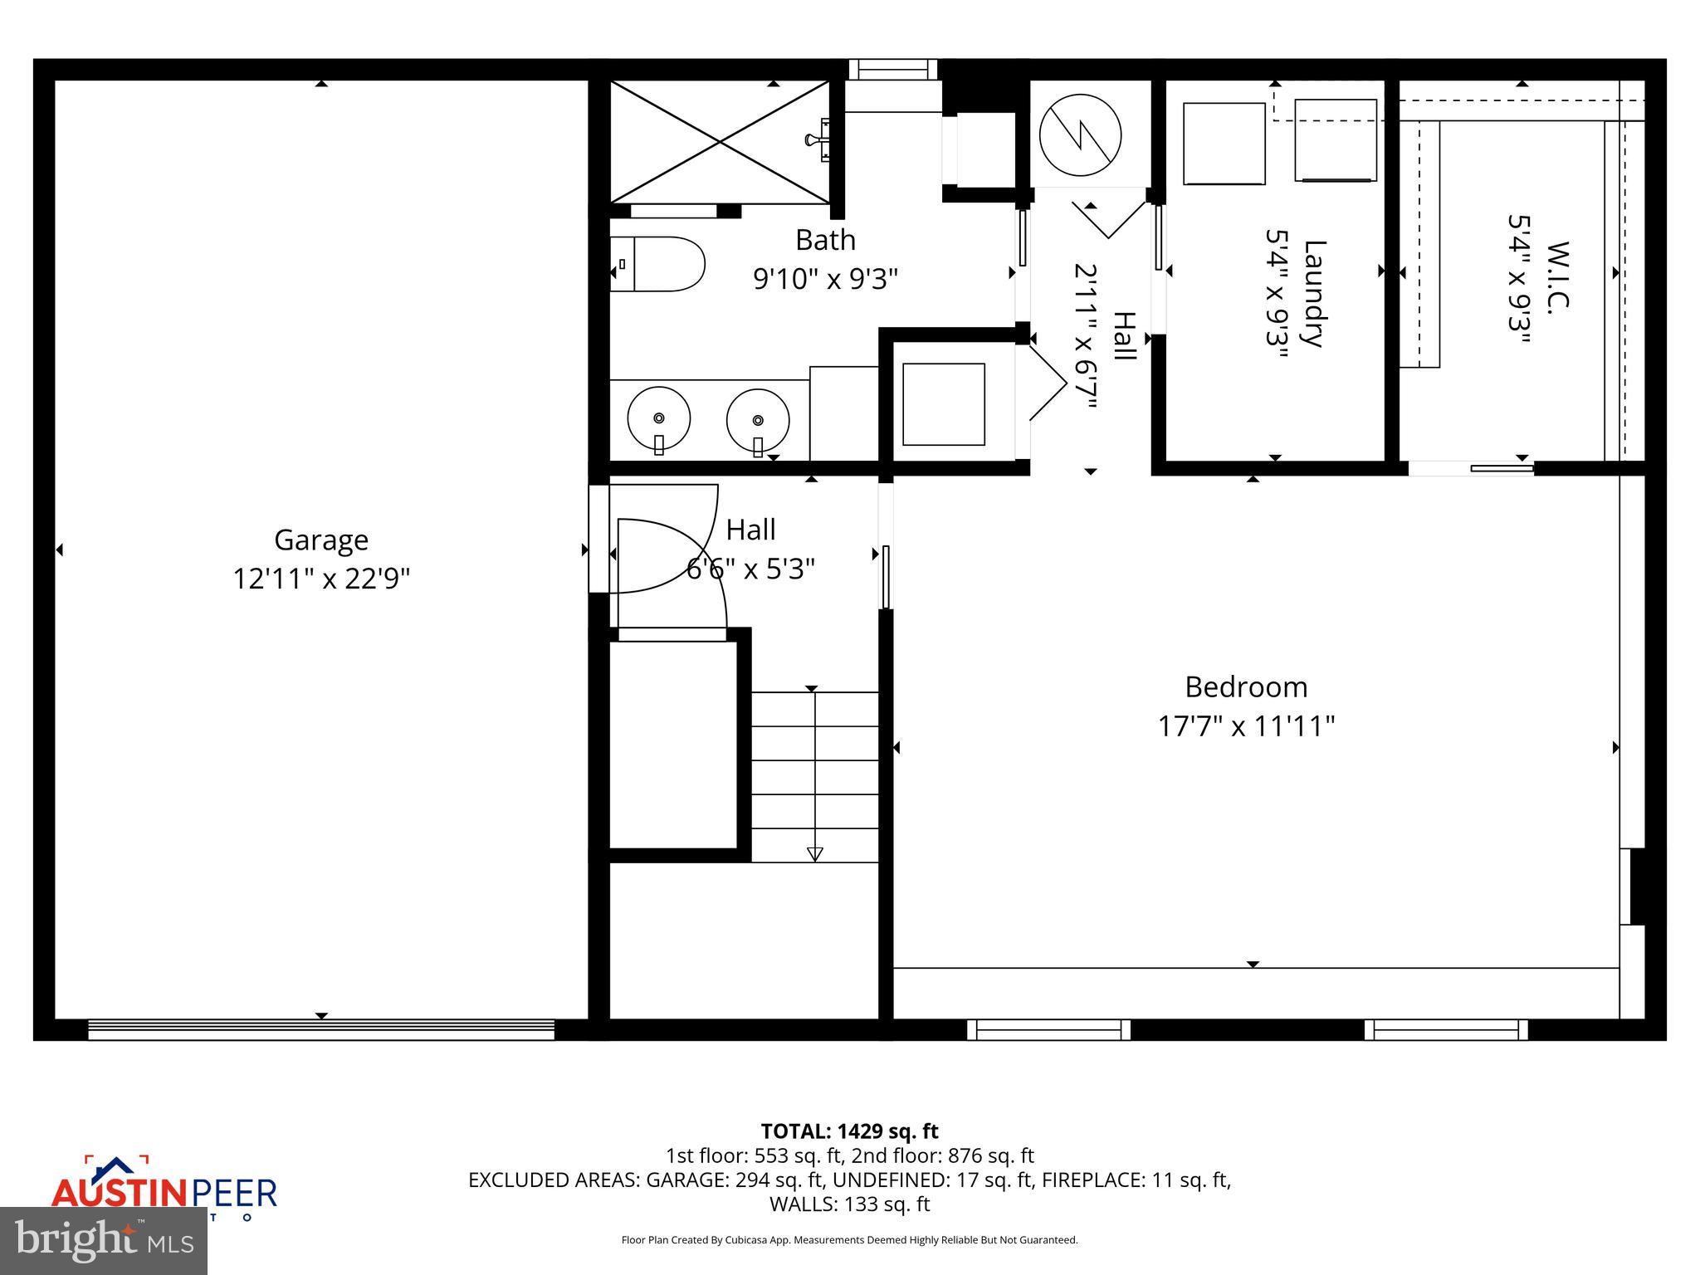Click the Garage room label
coord(321,540)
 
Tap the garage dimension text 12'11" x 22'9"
coord(321,579)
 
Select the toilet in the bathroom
coord(657,264)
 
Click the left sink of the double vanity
coord(658,418)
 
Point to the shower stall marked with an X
coord(720,142)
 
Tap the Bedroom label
coord(1245,687)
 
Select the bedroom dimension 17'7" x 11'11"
coord(1245,727)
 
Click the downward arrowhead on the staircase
coord(814,854)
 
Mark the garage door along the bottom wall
coord(321,1030)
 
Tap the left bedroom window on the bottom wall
coord(1048,1030)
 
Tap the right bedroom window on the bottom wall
coord(1446,1030)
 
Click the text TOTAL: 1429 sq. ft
coord(849,1131)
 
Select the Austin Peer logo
coord(164,1190)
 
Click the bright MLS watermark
coord(103,1241)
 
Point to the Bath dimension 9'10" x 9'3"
coord(825,279)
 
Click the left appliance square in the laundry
coord(1224,143)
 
